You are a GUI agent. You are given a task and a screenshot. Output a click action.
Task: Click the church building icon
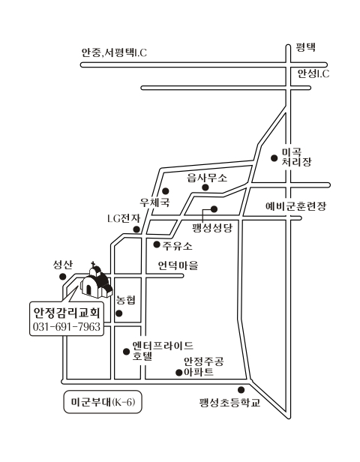(96, 280)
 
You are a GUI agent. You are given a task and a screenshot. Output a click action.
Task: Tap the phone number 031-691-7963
(67, 327)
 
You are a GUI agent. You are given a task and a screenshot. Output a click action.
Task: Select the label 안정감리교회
(67, 313)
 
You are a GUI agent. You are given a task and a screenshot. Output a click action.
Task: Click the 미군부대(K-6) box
(103, 402)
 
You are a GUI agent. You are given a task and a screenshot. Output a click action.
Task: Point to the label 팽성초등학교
(230, 403)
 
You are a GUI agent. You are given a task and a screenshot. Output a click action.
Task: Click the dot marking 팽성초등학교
(241, 390)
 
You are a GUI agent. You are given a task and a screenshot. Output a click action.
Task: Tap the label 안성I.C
(313, 73)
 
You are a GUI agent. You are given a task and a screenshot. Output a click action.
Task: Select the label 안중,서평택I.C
(114, 52)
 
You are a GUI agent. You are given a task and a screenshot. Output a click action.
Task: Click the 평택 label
(306, 47)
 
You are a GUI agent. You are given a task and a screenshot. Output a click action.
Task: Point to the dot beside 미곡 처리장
(274, 158)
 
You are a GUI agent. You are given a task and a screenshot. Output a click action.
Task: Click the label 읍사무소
(208, 178)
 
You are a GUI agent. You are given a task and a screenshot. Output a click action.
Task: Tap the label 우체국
(154, 202)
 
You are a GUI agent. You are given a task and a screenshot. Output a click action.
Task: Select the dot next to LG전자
(136, 229)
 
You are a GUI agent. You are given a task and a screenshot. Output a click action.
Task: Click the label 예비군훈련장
(295, 206)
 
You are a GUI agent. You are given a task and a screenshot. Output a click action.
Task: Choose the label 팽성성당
(212, 228)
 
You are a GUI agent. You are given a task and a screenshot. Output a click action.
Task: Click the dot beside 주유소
(157, 244)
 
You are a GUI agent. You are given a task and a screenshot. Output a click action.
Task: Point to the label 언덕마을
(178, 265)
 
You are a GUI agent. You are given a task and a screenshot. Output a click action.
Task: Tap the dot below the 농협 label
(119, 313)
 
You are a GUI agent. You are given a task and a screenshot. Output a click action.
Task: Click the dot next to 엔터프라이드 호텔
(127, 351)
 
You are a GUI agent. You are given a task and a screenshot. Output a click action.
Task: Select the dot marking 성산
(62, 277)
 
